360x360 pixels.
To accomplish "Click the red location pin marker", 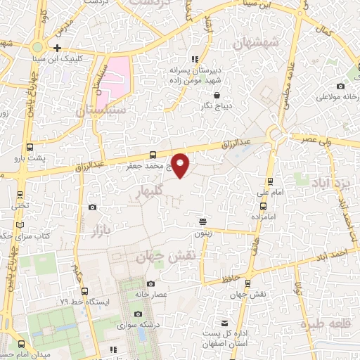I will click(x=181, y=165).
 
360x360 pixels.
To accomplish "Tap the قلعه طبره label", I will click(x=324, y=323).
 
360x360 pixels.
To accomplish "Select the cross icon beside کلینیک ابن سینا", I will click(x=57, y=49).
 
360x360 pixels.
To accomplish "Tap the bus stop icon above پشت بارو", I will click(x=30, y=148).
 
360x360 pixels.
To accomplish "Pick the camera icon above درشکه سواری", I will click(x=138, y=313).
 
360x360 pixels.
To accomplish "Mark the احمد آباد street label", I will click(x=333, y=252).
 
